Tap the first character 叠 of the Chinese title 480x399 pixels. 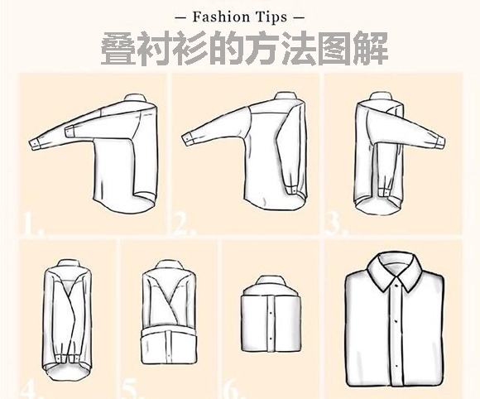coord(118,49)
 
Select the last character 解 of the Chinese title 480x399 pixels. coord(371,49)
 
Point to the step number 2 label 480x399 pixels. coord(185,225)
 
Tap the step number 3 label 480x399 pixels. coord(336,224)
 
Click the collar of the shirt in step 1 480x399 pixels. coord(135,98)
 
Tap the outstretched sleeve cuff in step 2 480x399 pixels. coord(189,137)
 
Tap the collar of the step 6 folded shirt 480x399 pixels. coord(271,281)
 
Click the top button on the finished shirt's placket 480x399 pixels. coord(396,286)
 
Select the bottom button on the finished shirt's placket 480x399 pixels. coord(396,366)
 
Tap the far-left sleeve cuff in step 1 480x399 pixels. coord(36,143)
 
